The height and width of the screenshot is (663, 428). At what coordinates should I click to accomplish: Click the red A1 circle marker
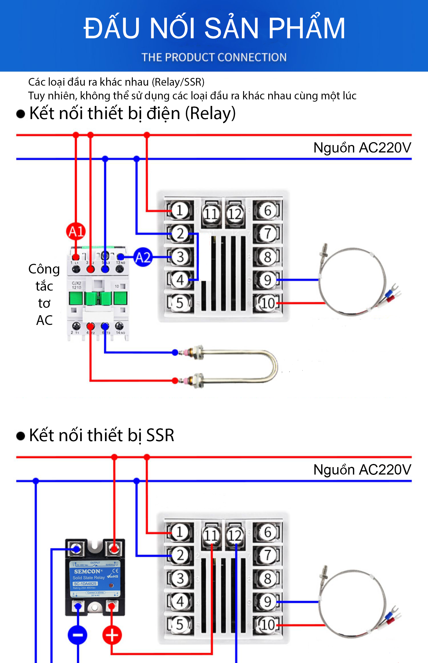76,231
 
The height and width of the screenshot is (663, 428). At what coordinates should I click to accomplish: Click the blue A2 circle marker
143,257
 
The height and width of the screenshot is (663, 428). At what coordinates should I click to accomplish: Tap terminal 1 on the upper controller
180,210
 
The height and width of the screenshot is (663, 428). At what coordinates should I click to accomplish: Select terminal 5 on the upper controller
180,303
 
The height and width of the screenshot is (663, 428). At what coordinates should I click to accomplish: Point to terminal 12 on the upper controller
235,214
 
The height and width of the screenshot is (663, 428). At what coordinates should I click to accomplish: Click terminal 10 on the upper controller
268,303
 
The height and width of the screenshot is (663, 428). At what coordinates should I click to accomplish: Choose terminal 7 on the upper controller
268,234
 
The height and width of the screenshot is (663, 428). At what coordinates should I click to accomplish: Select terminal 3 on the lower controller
180,578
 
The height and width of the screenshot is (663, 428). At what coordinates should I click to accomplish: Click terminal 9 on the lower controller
268,602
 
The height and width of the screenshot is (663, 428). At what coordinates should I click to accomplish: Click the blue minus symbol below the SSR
77,635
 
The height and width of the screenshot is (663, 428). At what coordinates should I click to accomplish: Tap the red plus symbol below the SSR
112,635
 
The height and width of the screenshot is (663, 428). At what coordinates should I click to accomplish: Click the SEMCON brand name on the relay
87,571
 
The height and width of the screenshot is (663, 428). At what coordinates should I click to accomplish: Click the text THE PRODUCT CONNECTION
214,57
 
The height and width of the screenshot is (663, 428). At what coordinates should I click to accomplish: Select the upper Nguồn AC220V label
362,148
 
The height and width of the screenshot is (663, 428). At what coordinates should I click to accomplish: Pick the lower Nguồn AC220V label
362,470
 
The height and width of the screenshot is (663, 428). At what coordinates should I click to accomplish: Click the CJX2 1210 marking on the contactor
76,285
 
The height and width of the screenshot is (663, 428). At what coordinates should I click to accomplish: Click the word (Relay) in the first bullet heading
210,113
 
